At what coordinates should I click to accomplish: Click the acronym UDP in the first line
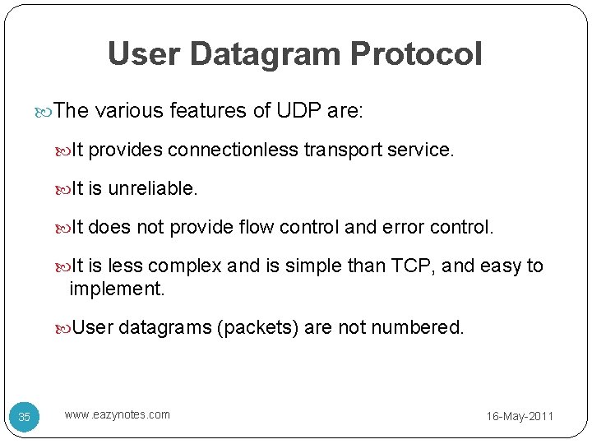pos(298,111)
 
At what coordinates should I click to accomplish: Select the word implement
pos(117,289)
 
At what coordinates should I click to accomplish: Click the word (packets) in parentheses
pos(257,328)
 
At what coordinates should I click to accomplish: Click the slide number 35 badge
pos(25,417)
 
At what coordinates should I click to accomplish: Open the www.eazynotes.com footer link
pos(118,414)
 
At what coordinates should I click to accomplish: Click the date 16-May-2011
pos(520,417)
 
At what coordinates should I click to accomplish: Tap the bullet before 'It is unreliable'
pos(64,189)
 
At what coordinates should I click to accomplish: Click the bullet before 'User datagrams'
pos(64,328)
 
